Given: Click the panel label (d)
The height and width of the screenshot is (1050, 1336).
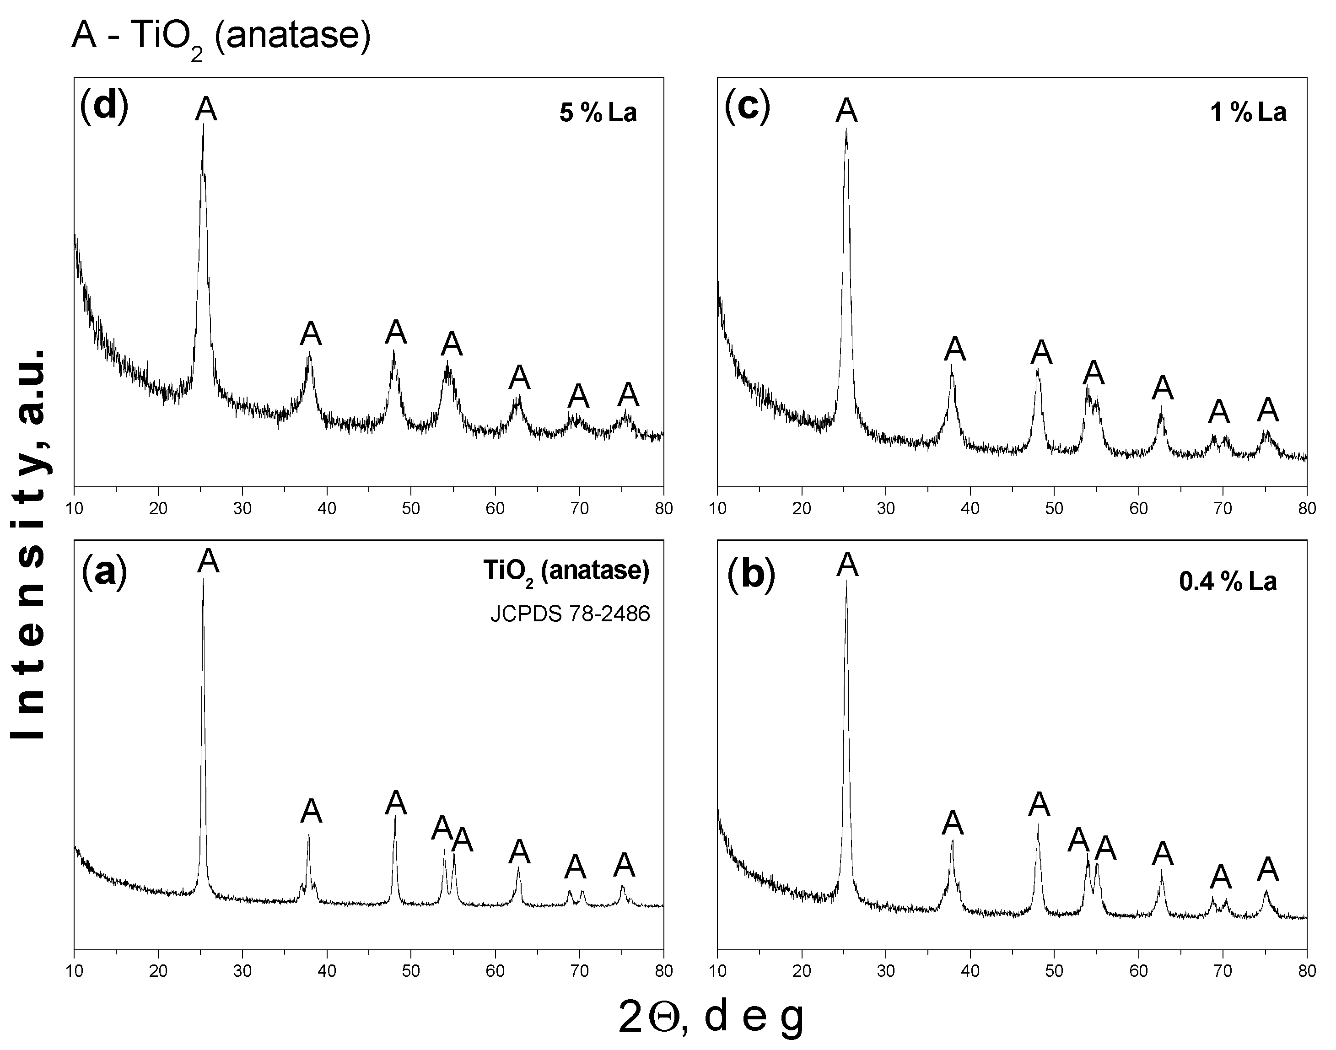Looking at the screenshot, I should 104,107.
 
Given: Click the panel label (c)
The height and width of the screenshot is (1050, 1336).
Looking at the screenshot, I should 747,107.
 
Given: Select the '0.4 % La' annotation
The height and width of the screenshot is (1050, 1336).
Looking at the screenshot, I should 1228,582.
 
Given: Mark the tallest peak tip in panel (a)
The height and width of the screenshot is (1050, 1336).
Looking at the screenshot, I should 203,579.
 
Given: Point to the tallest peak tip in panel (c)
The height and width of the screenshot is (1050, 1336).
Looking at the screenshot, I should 846,129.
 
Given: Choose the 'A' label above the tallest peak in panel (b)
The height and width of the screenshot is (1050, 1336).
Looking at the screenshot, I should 847,564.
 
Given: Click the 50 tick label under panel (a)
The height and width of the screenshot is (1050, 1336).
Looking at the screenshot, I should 411,971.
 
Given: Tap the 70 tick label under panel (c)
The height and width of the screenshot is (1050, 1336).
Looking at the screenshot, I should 1223,508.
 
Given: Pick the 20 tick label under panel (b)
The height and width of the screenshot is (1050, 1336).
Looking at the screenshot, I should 802,971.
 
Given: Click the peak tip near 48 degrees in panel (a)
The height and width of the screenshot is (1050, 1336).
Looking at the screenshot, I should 395,815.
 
